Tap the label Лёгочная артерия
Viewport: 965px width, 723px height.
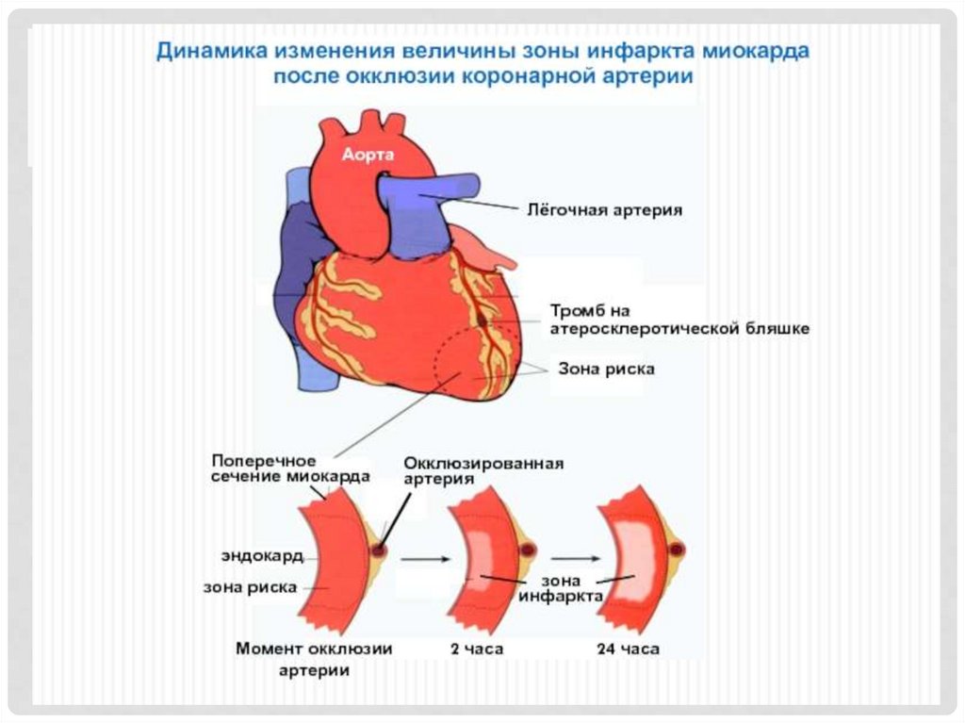click(603, 210)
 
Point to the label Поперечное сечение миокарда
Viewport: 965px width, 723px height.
click(290, 468)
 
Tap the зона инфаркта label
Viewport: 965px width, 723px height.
click(572, 588)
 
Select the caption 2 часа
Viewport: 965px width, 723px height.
click(477, 649)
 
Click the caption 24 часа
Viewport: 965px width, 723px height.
click(629, 649)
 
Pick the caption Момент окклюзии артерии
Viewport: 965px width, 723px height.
click(314, 659)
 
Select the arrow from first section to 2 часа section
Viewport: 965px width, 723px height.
click(422, 559)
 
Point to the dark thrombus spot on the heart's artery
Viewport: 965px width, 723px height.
click(482, 321)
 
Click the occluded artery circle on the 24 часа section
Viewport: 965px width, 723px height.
click(676, 550)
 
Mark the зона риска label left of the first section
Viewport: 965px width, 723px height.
click(251, 586)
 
